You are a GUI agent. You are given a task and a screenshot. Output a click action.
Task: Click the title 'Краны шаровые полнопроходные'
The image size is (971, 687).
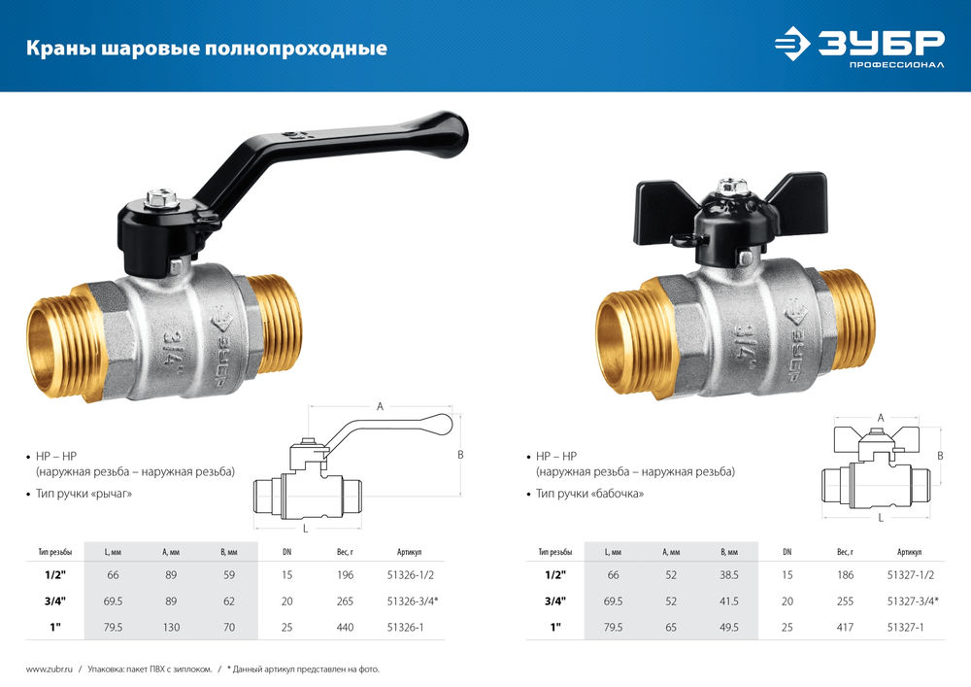point(205,48)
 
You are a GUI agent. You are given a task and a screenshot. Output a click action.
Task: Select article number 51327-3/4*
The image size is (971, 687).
point(912,601)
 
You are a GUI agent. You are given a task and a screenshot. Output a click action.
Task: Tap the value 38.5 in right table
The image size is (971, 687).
point(730,575)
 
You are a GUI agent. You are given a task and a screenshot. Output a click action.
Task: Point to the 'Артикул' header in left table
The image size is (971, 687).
point(410,551)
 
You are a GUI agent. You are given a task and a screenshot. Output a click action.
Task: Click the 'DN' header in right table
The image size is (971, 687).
point(787,551)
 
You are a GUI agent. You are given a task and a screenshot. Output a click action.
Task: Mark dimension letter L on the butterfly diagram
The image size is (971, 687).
point(880,519)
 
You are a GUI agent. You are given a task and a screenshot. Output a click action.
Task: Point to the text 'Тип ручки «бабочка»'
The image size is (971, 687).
point(589,495)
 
